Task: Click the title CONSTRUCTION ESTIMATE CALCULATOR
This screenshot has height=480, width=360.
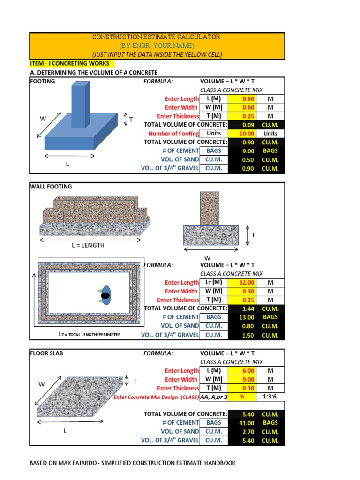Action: [156, 37]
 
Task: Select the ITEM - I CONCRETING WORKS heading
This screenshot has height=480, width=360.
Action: [69, 63]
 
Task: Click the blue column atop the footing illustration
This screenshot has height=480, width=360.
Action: [80, 104]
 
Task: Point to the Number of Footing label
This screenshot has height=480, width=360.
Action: [173, 134]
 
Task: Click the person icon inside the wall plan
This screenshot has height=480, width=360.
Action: [105, 295]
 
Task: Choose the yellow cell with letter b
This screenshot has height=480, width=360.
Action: [242, 397]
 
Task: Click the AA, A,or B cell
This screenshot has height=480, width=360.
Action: [214, 397]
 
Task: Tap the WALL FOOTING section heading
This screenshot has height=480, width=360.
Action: [51, 187]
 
